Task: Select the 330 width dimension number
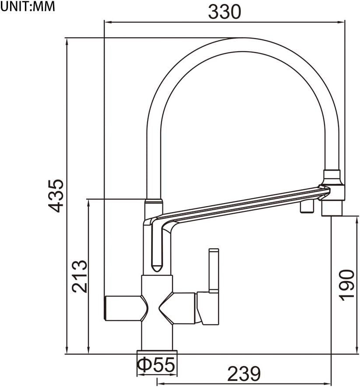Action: click(x=224, y=12)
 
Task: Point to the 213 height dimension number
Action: click(x=79, y=276)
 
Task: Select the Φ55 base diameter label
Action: click(x=157, y=364)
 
